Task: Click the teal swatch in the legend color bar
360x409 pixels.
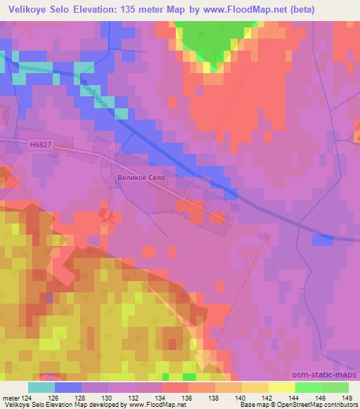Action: coord(41,387)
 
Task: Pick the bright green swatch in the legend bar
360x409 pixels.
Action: coord(308,387)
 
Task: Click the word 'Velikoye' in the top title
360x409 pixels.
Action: coord(25,9)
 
